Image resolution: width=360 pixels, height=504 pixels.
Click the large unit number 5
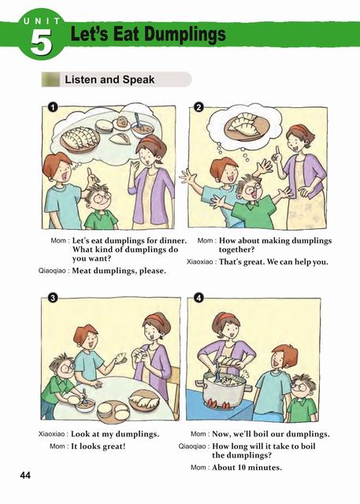41,42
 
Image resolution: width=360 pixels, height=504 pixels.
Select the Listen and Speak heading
109,80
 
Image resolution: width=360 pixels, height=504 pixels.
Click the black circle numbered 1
53,107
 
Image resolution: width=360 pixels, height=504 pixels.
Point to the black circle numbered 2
199,107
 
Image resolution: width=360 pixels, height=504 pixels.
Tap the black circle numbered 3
53,298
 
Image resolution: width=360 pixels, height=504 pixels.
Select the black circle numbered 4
199,298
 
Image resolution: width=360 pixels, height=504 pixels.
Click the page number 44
25,476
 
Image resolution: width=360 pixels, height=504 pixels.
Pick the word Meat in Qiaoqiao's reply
80,271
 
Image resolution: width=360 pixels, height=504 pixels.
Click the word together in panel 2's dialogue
236,250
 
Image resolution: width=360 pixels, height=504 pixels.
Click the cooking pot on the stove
222,389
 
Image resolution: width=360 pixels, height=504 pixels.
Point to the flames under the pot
219,403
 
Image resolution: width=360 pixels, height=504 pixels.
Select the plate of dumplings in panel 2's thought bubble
246,128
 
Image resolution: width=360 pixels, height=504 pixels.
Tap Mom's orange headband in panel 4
226,317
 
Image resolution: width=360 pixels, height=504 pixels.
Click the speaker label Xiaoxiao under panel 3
51,434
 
